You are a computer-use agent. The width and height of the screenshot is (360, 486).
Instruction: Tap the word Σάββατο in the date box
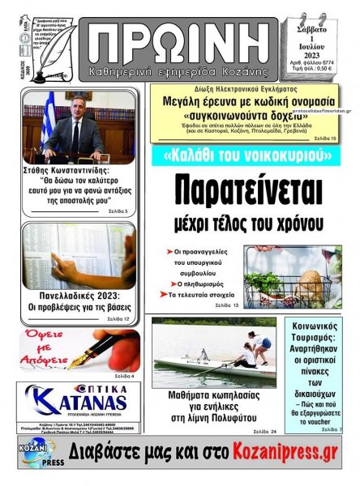[x=316, y=25]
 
